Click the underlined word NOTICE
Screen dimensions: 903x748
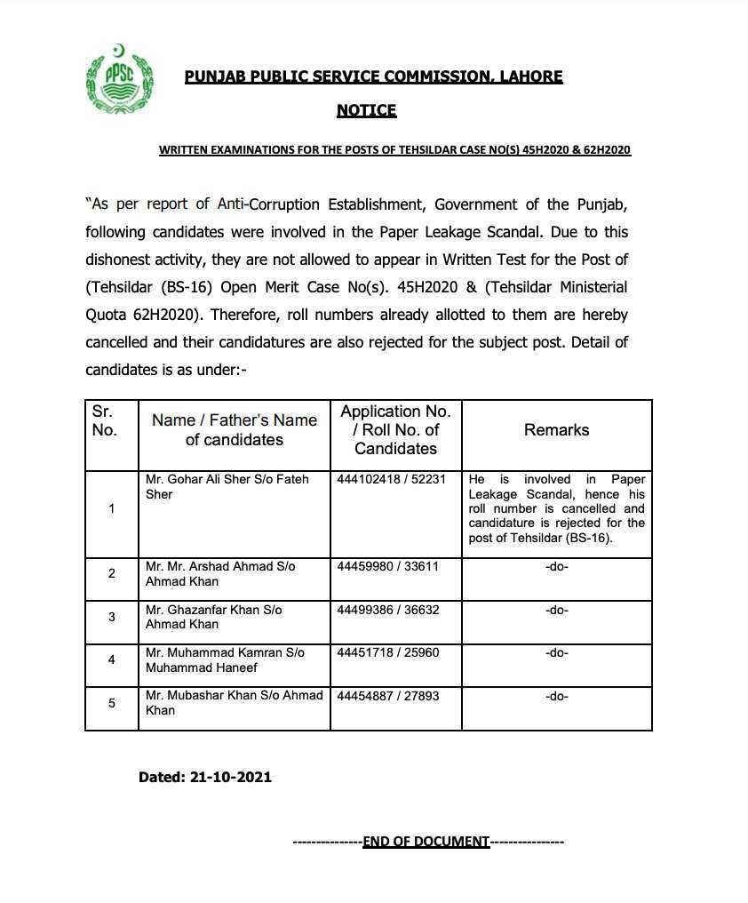pos(366,110)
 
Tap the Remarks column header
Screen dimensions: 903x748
pos(556,430)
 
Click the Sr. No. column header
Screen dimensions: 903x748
pos(105,421)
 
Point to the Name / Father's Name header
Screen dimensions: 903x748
pos(234,430)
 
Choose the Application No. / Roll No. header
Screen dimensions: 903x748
pos(395,430)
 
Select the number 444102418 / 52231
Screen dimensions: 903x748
pos(392,479)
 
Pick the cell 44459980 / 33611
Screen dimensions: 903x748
pos(388,566)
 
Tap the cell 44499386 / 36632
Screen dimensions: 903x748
pos(388,610)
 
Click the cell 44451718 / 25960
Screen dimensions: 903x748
pos(388,652)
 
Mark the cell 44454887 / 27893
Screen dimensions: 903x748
pos(388,696)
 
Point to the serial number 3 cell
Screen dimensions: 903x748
pos(111,617)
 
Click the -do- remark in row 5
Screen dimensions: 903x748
pos(556,696)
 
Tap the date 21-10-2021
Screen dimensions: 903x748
pos(231,777)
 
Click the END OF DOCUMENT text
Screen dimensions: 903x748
pos(426,841)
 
